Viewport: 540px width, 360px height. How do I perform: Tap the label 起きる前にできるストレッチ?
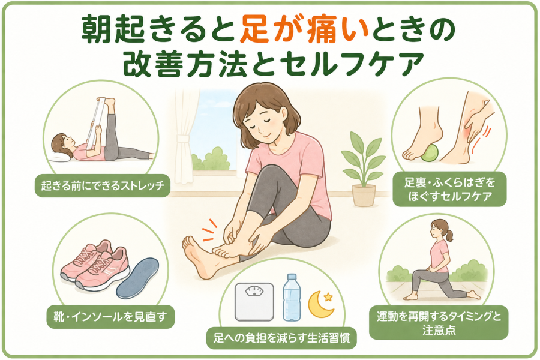click(103, 186)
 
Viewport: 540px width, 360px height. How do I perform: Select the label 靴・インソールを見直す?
click(110, 317)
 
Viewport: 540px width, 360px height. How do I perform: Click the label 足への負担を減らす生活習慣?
click(281, 338)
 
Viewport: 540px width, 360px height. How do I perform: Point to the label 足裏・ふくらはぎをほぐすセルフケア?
click(450, 189)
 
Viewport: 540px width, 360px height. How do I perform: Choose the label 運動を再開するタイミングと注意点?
click(439, 322)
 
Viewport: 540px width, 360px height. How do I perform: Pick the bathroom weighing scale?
click(254, 302)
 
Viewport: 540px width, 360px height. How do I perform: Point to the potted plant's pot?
click(364, 195)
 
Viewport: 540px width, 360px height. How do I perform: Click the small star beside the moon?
click(329, 296)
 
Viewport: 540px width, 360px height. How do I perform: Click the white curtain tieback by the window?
click(183, 140)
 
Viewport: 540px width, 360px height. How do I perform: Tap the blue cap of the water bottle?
click(292, 276)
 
